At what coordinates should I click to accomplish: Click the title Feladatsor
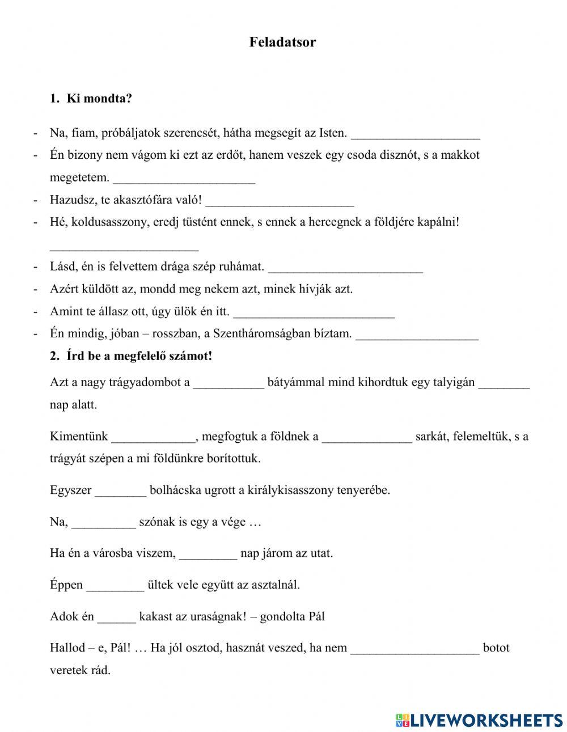282,42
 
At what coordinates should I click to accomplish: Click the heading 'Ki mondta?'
99,99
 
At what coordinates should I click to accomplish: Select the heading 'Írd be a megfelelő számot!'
139,356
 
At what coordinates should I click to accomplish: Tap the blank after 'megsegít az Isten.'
416,134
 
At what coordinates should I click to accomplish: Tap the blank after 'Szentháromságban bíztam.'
417,335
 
